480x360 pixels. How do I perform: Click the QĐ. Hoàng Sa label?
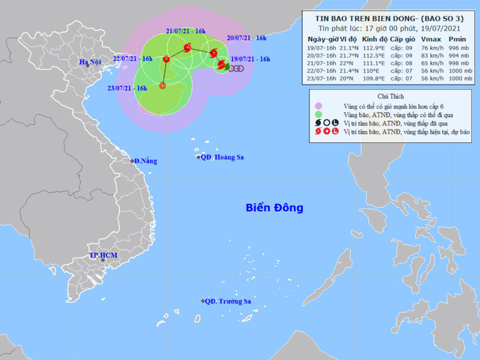(223, 157)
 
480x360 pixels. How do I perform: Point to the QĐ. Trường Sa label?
(227, 301)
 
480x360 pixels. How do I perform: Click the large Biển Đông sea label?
(274, 208)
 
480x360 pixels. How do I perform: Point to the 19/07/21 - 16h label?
(250, 59)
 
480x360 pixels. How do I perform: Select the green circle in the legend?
(319, 114)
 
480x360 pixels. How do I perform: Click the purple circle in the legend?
(319, 106)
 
